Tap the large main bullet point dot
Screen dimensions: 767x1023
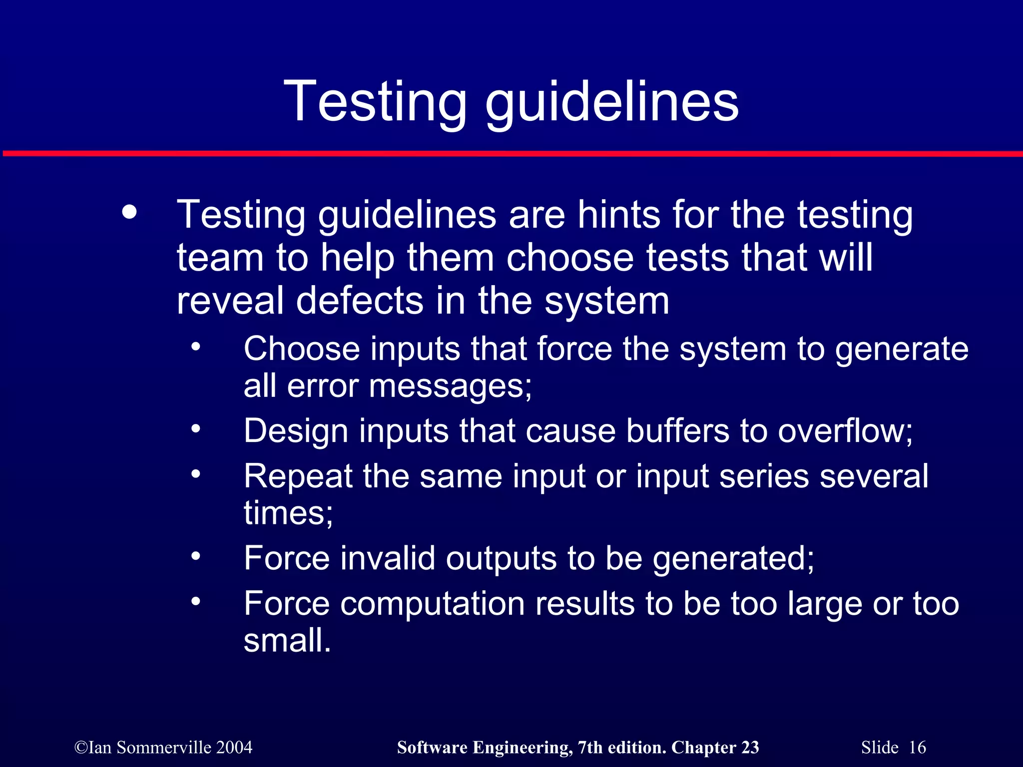coord(129,212)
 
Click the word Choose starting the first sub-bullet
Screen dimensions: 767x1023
coord(301,349)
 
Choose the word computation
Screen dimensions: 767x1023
coord(432,604)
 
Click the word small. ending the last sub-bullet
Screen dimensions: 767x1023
coord(287,640)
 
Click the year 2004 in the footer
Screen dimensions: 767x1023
coord(234,748)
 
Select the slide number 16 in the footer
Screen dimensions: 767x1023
coord(917,748)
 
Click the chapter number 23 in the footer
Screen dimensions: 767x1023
coord(750,748)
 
